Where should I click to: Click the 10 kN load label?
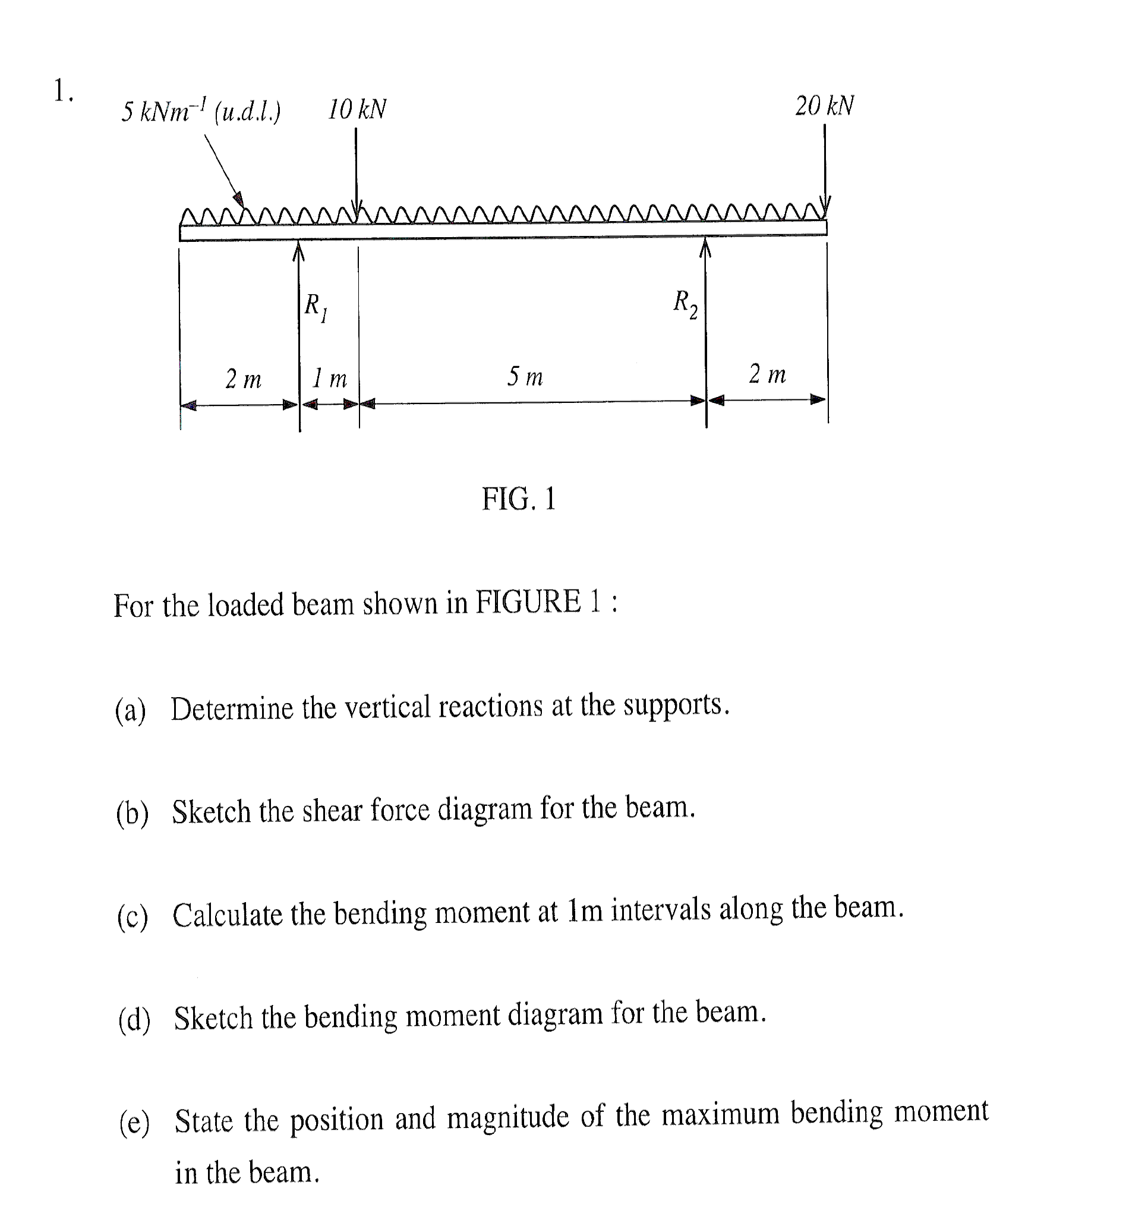(x=357, y=109)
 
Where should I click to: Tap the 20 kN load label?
(x=824, y=106)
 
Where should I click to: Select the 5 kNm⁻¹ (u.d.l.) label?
(x=200, y=111)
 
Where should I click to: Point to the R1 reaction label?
(x=316, y=307)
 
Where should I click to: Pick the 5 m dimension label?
(x=525, y=376)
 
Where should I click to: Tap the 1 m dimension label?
(x=329, y=379)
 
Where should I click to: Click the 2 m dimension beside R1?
(x=243, y=379)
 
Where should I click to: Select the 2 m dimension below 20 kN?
(x=767, y=373)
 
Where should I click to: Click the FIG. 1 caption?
(x=519, y=499)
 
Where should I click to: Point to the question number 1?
(x=62, y=92)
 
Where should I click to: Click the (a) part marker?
(x=131, y=711)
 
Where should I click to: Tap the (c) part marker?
(x=133, y=917)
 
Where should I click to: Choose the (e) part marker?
(x=134, y=1123)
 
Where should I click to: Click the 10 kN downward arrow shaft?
(x=356, y=165)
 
